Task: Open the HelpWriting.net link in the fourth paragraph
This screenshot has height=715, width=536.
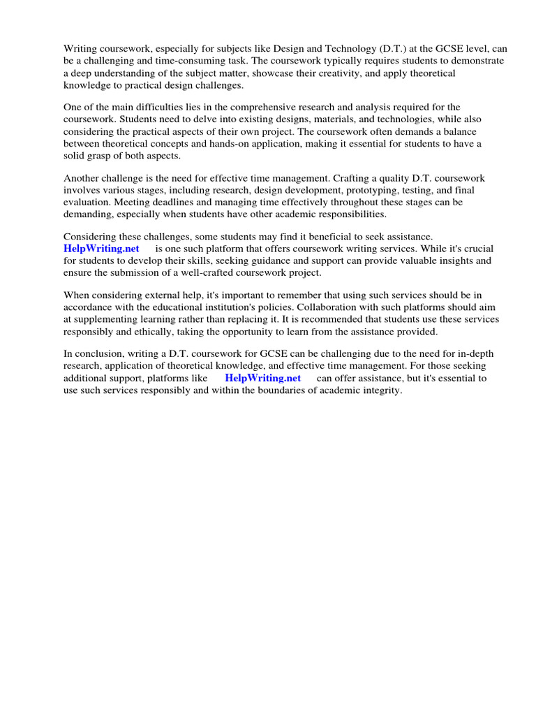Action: tap(101, 249)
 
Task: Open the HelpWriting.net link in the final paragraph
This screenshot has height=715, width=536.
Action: tap(262, 378)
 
